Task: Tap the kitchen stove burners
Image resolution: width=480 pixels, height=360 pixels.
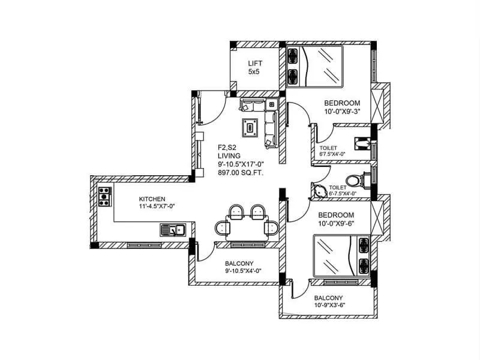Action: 104,196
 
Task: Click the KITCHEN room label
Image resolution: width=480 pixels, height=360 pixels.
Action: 152,199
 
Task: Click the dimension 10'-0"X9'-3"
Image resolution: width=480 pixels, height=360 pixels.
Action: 342,112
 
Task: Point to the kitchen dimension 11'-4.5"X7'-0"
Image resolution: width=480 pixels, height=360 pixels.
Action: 152,208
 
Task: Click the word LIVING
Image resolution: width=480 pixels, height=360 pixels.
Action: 229,155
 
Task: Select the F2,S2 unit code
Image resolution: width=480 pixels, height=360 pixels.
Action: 229,146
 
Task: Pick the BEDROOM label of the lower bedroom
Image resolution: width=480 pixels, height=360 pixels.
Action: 336,215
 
